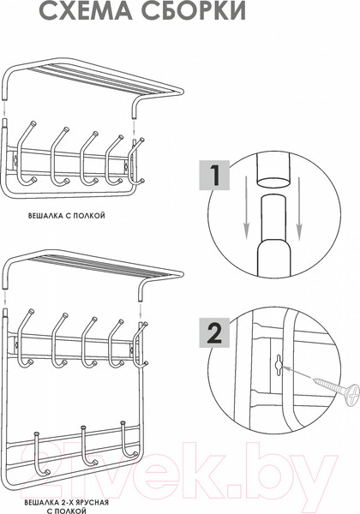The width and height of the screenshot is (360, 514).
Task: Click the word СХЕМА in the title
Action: click(x=87, y=11)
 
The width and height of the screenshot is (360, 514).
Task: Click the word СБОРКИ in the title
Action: click(x=194, y=11)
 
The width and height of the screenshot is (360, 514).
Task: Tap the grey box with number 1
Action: click(x=214, y=175)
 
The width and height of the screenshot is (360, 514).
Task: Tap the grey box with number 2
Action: click(x=214, y=332)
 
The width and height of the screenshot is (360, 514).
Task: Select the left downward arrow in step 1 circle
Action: click(x=247, y=208)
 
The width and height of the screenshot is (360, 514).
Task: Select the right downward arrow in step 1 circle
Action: click(x=298, y=208)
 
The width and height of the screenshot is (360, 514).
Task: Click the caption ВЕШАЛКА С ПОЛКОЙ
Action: click(x=67, y=216)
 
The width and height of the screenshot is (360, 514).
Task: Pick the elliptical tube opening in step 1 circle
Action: click(x=273, y=182)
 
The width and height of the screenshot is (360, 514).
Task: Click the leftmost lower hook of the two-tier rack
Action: click(x=40, y=455)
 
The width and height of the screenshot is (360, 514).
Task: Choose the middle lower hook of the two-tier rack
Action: click(x=88, y=445)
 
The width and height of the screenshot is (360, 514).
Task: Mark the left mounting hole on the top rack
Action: click(x=15, y=159)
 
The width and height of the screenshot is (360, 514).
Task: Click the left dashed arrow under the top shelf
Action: click(x=4, y=109)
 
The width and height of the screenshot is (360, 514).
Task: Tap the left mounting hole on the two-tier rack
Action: click(x=15, y=345)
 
